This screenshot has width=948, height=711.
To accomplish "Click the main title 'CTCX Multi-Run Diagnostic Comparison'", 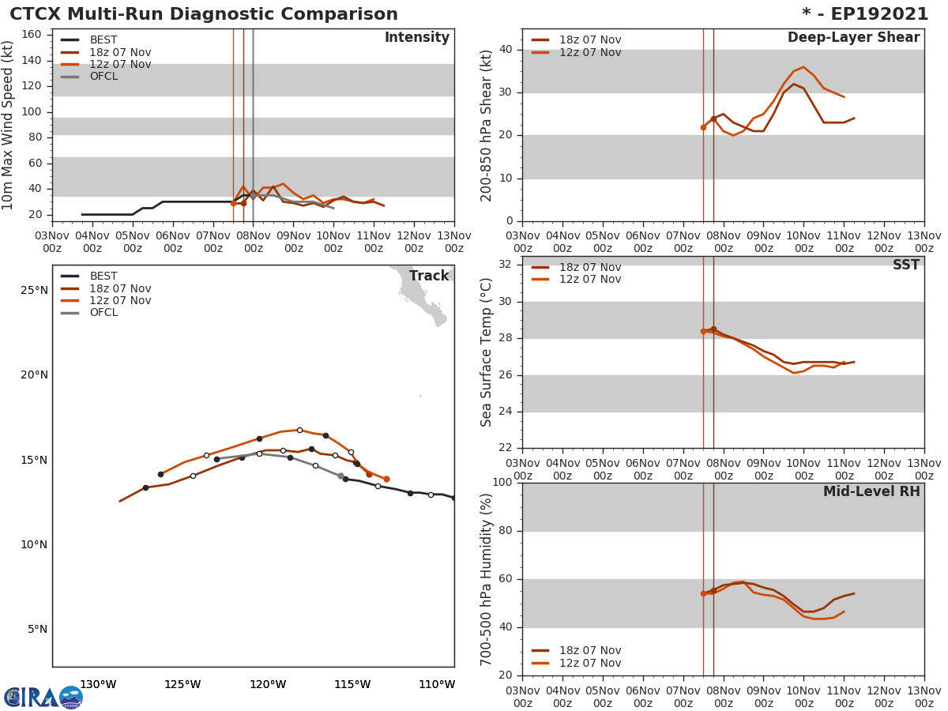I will point(204,14).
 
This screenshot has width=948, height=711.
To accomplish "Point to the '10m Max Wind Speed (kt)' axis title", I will point(9,125).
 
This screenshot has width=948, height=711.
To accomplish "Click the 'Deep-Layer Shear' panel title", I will point(853,38).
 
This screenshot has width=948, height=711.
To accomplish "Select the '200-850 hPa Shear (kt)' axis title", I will point(487,125).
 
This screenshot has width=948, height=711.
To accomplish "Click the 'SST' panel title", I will point(905,265).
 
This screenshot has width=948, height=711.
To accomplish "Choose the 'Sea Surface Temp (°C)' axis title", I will point(487,352).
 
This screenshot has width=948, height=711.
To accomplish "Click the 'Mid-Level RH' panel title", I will point(871,491).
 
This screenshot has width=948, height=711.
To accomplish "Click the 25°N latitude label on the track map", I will point(34,290).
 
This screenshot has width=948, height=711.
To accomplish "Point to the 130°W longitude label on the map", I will point(98,684).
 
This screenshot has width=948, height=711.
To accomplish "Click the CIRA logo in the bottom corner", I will point(43,697).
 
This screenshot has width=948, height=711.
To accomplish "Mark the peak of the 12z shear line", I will point(803,67).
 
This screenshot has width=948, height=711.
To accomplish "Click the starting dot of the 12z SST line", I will point(703,331).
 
